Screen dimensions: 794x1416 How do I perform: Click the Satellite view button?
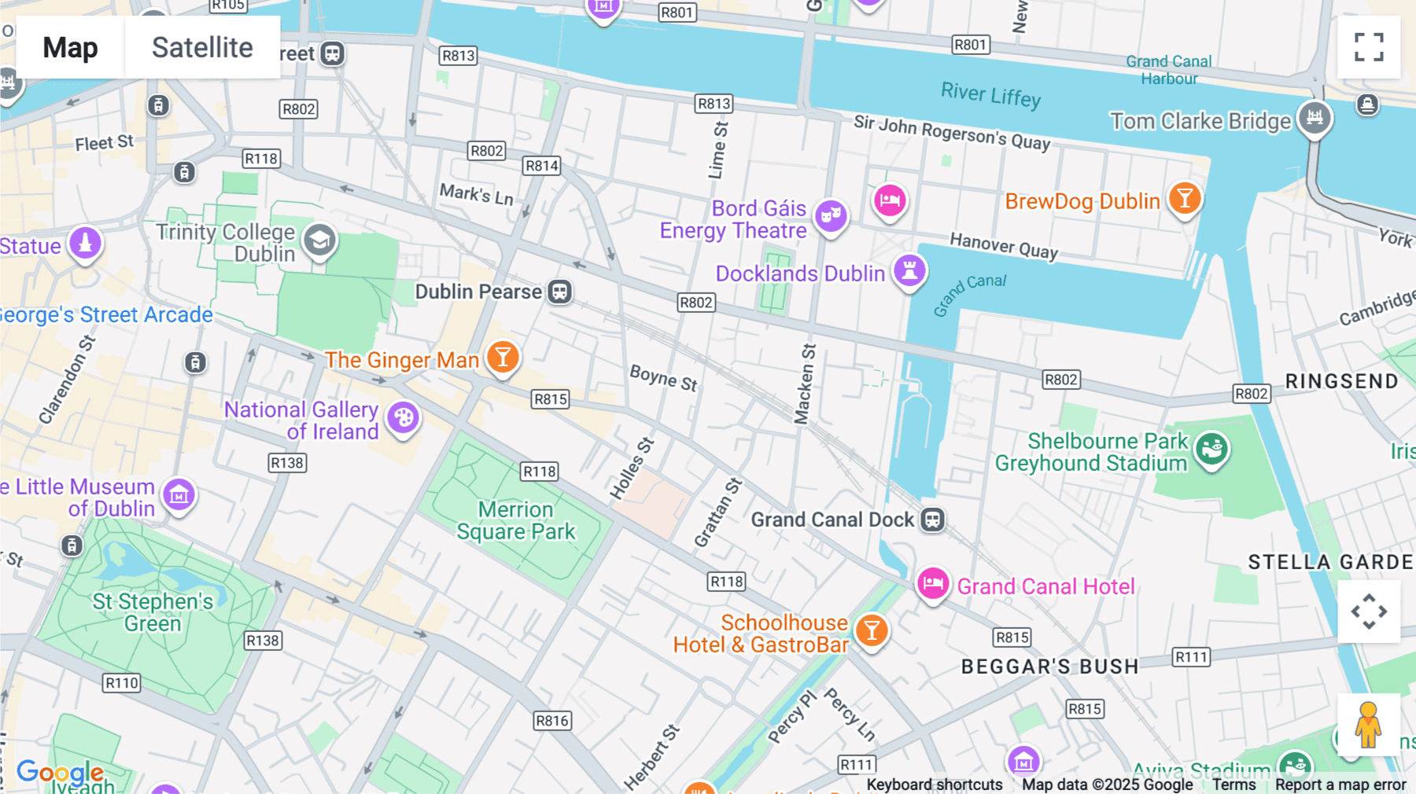[202, 47]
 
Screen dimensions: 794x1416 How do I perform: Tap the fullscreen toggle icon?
[1369, 47]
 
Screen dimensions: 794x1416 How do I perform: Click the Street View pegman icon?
[1368, 724]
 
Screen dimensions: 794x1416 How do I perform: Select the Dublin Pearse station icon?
[559, 292]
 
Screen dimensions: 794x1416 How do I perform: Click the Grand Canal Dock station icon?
[933, 520]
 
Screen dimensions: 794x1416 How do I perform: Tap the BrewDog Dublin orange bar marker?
[1184, 198]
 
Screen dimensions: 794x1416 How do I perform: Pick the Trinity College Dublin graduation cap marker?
[319, 241]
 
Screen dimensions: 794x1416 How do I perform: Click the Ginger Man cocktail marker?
[503, 357]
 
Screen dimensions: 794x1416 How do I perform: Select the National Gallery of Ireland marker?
[404, 417]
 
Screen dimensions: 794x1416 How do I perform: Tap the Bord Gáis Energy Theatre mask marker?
[831, 215]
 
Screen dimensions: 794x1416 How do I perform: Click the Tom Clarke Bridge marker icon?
[1315, 118]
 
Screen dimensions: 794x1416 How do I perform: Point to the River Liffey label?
[990, 95]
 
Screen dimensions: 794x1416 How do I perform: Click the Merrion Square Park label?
[516, 520]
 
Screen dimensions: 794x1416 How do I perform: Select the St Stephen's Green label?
[153, 612]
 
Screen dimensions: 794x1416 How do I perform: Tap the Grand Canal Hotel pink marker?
[933, 583]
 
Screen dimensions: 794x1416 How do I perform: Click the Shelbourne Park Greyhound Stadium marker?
[1211, 449]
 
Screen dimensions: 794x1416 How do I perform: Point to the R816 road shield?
[551, 721]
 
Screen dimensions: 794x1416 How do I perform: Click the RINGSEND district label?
[1341, 381]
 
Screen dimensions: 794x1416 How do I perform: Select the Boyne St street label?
[663, 378]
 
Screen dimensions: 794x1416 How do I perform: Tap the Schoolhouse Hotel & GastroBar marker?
[872, 630]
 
